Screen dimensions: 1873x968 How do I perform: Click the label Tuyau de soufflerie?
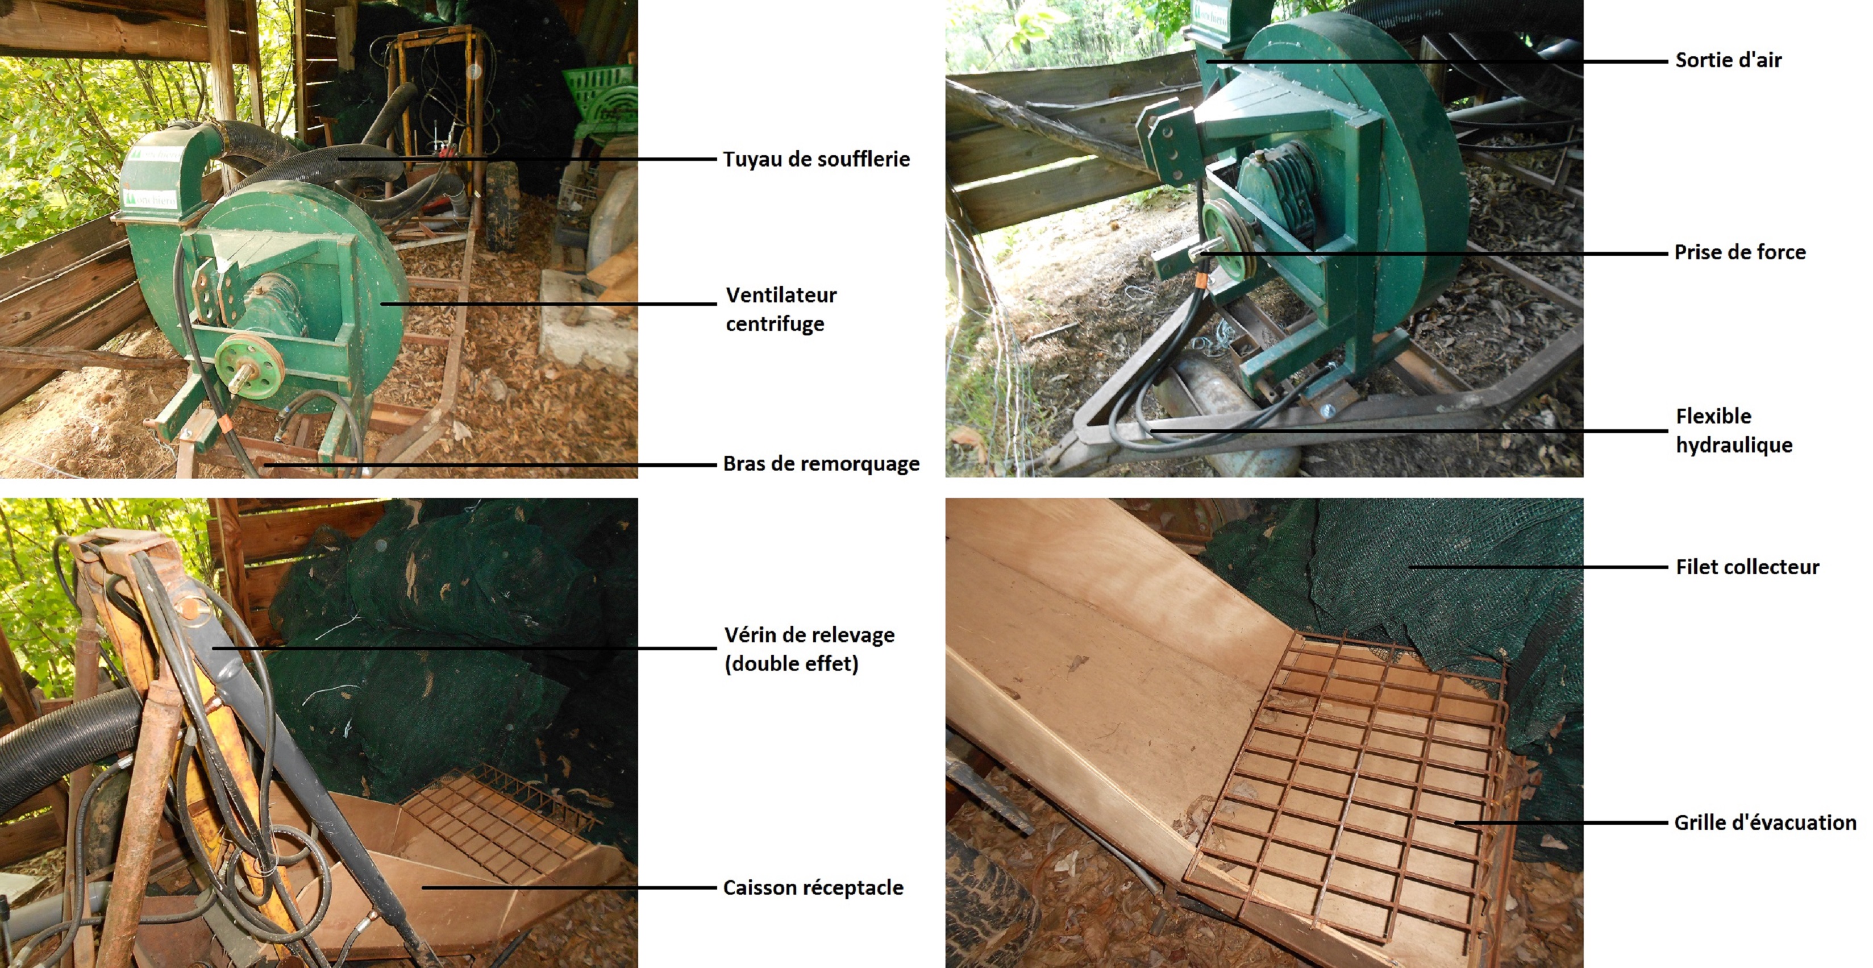(816, 159)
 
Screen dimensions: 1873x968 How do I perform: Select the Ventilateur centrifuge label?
(781, 309)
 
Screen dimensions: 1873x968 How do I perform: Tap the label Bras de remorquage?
(821, 464)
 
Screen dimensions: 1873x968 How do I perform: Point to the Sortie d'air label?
(1728, 60)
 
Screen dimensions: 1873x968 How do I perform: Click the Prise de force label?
(1740, 252)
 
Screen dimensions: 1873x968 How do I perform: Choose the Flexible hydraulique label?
(1734, 430)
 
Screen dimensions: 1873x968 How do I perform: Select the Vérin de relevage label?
(809, 649)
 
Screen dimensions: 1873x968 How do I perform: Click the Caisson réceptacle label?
(813, 887)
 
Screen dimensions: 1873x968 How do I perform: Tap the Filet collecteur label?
(1747, 567)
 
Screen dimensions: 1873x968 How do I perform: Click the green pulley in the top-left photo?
(249, 366)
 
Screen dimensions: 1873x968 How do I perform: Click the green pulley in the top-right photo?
(1229, 239)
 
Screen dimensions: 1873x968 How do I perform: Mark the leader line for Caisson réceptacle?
(569, 887)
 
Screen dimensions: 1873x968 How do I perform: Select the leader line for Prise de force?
(1434, 253)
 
